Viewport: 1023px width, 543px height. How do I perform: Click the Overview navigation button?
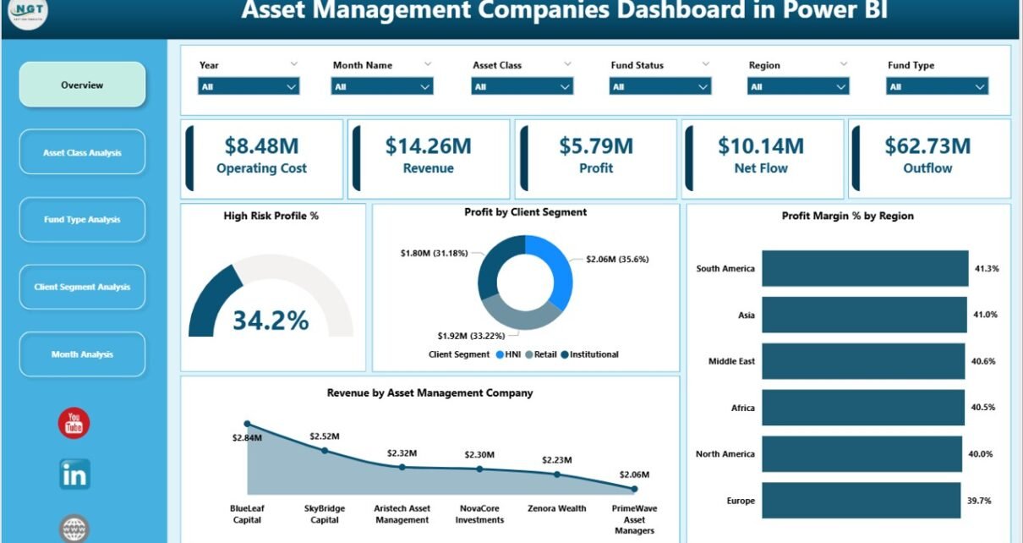tap(82, 85)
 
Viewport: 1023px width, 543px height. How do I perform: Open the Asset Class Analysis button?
tap(82, 152)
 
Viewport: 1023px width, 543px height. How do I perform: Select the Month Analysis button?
tap(82, 354)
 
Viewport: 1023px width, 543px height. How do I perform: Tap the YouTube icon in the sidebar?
tap(74, 423)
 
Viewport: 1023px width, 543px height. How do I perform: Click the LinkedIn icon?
tap(74, 474)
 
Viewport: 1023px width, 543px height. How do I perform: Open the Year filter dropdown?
tap(249, 86)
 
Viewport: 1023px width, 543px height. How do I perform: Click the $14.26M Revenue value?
tap(428, 146)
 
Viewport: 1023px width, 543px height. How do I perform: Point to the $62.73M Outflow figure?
tap(927, 146)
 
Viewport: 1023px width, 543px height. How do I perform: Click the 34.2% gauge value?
tap(271, 321)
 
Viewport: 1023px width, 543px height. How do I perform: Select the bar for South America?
tap(865, 268)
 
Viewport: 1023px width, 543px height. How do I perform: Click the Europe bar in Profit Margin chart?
tap(861, 500)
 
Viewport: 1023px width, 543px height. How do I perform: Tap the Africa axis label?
tap(742, 408)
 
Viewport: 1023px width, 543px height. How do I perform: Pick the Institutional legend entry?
tap(593, 354)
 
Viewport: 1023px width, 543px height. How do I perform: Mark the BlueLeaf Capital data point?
tap(247, 424)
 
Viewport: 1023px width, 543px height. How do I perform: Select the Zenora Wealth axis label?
tap(557, 508)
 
